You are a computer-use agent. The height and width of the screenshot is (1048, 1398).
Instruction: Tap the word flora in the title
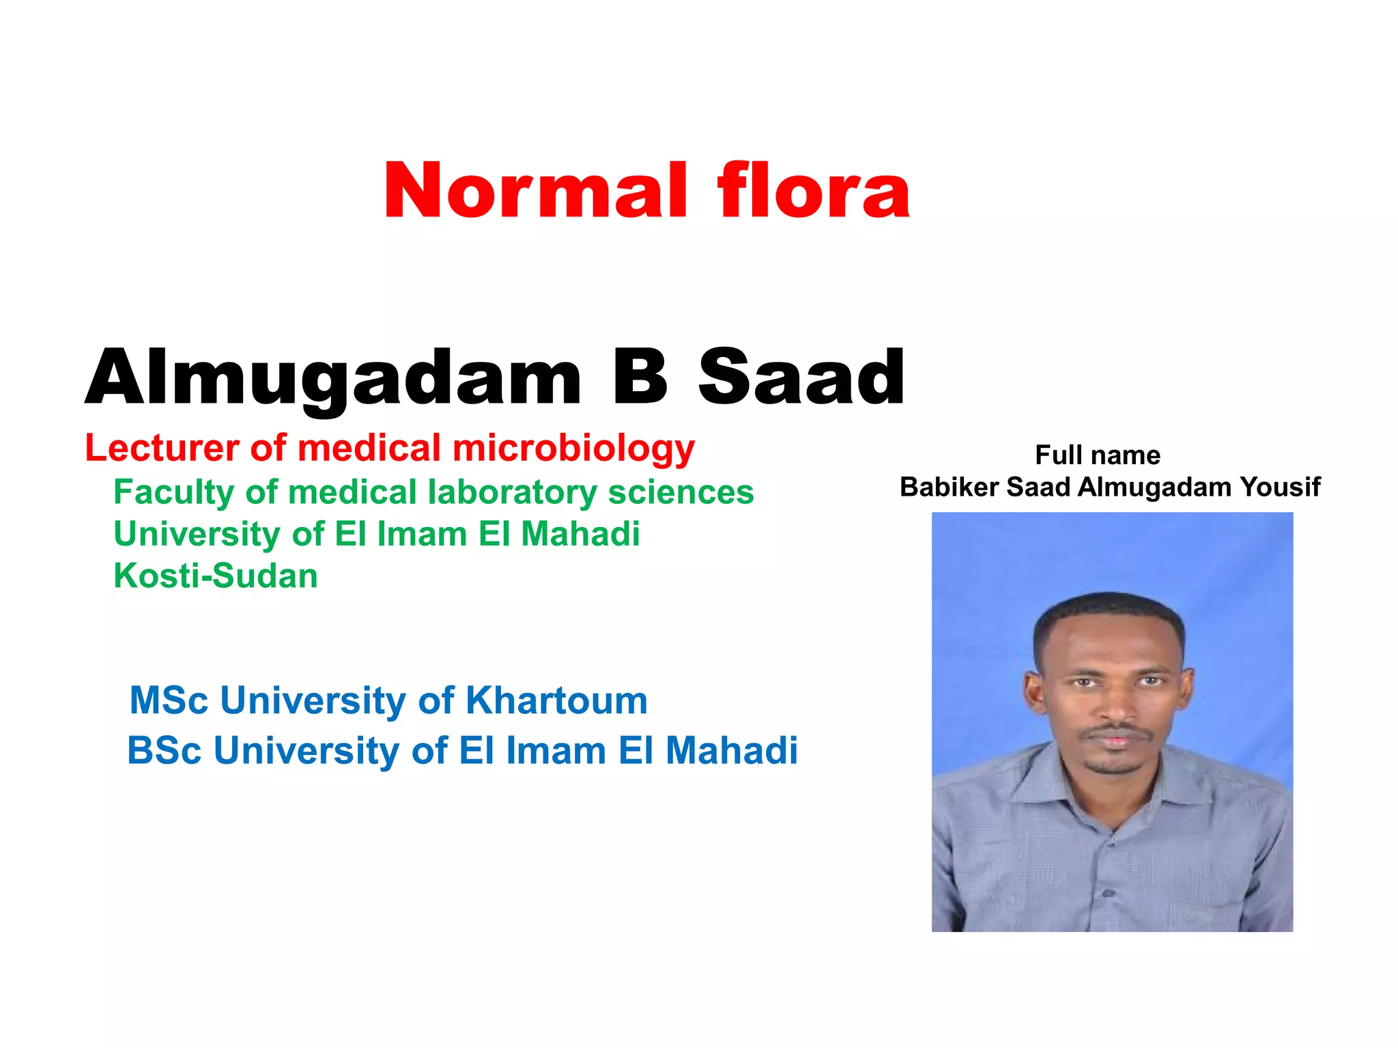(x=814, y=191)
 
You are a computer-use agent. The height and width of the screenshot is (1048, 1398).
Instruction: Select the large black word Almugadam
(x=333, y=377)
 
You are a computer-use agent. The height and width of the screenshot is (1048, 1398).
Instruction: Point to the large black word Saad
(x=801, y=377)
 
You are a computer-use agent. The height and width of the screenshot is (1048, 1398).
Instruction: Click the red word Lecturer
(x=162, y=449)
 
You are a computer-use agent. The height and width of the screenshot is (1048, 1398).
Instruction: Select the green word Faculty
(x=173, y=492)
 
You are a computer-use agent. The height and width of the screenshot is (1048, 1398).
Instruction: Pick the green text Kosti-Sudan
(x=216, y=576)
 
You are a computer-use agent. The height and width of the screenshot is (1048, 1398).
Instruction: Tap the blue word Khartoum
(x=556, y=700)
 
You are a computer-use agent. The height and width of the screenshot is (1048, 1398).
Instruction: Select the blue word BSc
(x=165, y=750)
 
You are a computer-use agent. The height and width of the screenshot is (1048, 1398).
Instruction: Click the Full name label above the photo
(x=1098, y=455)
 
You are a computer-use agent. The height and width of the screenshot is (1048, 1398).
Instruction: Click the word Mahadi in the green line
(x=580, y=534)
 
